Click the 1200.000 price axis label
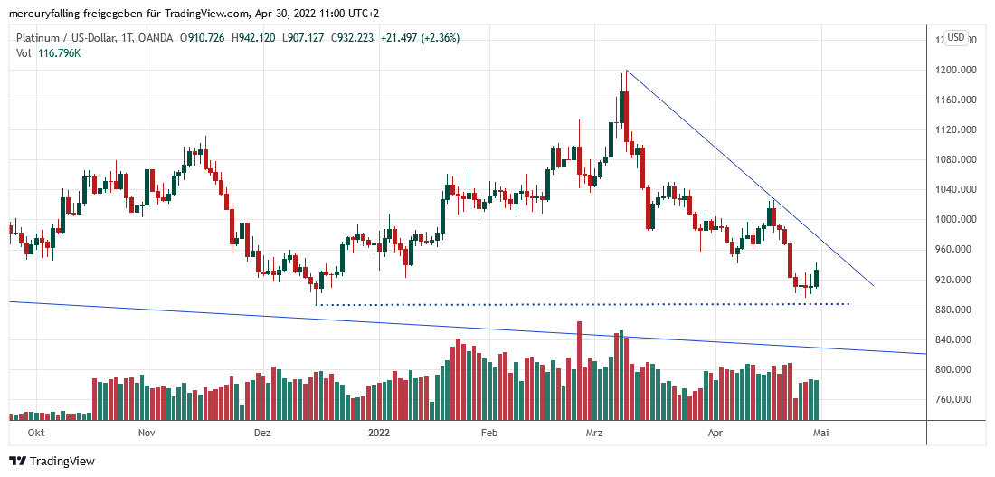pyautogui.click(x=957, y=70)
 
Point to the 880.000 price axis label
pyautogui.click(x=955, y=310)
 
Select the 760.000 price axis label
pyautogui.click(x=955, y=399)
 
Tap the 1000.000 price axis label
pyautogui.click(x=957, y=219)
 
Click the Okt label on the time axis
pyautogui.click(x=36, y=434)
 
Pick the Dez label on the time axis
pyautogui.click(x=262, y=434)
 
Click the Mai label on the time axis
pyautogui.click(x=821, y=434)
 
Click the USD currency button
pyautogui.click(x=956, y=38)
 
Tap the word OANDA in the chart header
pyautogui.click(x=152, y=38)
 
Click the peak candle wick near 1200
pyautogui.click(x=624, y=74)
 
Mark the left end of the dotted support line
pyautogui.click(x=317, y=304)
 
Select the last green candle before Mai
pyautogui.click(x=816, y=276)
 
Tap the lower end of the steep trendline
pyautogui.click(x=874, y=286)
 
